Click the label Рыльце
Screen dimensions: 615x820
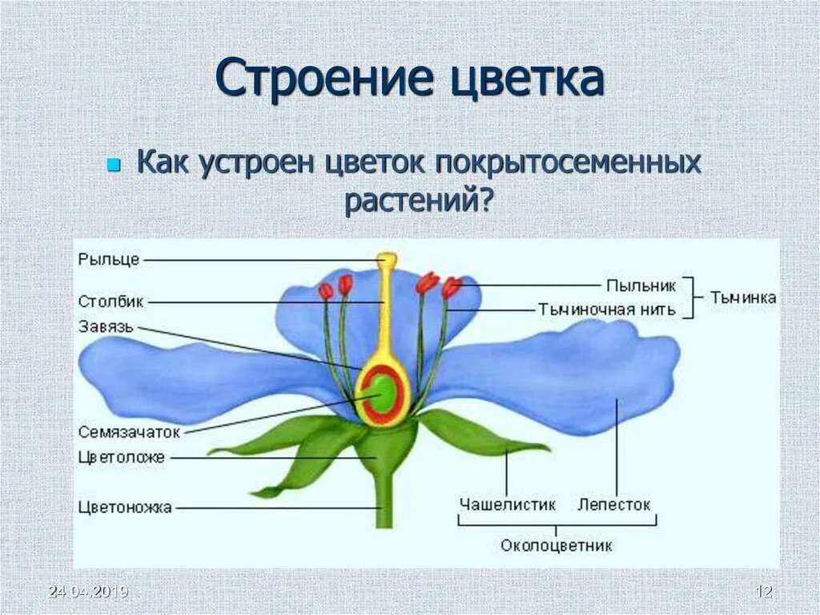coord(110,259)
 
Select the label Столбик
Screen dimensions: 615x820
coord(111,301)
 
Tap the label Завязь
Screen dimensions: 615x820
coord(107,326)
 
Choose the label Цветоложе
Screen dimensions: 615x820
coord(122,457)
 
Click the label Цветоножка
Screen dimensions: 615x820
coord(126,507)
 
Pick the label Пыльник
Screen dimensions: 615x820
coord(641,285)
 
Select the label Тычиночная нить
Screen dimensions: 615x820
coord(607,310)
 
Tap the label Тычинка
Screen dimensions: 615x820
coord(743,297)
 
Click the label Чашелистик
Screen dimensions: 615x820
coord(507,504)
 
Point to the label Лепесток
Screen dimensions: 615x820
coord(614,504)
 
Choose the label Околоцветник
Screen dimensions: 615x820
coord(557,546)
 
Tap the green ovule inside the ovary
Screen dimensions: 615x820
coord(383,394)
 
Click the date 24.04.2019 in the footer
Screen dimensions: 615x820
coord(88,592)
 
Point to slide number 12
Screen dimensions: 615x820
coord(765,592)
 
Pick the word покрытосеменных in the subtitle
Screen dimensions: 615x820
coord(569,163)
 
